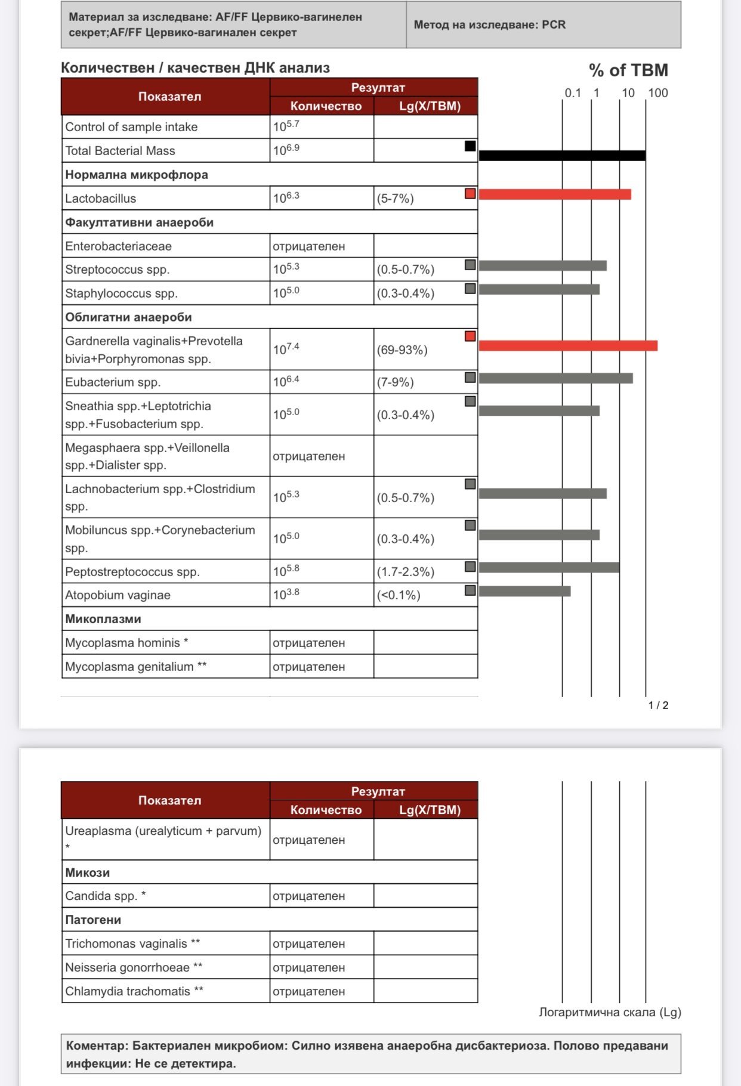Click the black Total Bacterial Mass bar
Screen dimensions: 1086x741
coord(562,156)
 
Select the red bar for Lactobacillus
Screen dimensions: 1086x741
coord(555,194)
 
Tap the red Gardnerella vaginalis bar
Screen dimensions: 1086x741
coord(568,346)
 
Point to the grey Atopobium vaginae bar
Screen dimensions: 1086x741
coord(524,591)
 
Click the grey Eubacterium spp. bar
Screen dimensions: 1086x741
coord(555,378)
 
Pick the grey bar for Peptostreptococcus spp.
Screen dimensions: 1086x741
coord(549,567)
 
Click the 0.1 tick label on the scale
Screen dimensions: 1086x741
coord(573,93)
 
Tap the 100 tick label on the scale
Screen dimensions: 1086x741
coord(658,93)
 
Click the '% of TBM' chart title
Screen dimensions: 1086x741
coord(628,70)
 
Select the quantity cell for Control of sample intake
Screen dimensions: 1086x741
coord(286,126)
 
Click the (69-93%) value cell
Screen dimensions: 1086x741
coord(402,350)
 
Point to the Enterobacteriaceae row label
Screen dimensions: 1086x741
coord(118,246)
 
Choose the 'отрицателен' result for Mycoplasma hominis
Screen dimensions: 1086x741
coord(308,643)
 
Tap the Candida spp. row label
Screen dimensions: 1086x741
coord(105,896)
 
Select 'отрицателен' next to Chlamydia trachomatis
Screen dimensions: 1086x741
coord(308,991)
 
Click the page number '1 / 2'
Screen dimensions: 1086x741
coord(658,706)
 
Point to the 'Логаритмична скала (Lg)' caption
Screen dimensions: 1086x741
coord(610,1012)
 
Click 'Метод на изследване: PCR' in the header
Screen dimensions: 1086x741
coord(489,25)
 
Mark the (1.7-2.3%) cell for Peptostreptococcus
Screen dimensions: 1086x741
coord(406,571)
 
